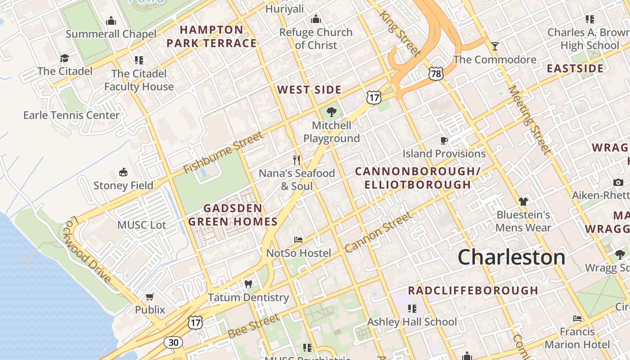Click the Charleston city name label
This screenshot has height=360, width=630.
tap(511, 257)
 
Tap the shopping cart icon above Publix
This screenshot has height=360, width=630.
tap(150, 297)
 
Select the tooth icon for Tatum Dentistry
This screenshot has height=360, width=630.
tap(247, 284)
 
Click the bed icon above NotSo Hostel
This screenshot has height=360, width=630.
tap(298, 240)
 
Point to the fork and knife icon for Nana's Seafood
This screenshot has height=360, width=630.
tap(297, 160)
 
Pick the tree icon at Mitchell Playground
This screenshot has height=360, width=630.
tap(332, 112)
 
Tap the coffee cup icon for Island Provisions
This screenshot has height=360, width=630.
tap(444, 140)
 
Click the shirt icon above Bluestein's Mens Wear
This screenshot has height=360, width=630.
tap(523, 201)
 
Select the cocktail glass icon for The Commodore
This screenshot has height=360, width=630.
tap(495, 46)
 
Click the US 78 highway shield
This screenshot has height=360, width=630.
tap(436, 74)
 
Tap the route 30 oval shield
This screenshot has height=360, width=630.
tap(173, 342)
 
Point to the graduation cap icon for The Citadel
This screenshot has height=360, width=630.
tap(65, 58)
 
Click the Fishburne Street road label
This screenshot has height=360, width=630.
tap(224, 153)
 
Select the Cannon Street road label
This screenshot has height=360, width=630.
tap(378, 232)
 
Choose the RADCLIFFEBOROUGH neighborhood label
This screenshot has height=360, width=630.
tap(473, 290)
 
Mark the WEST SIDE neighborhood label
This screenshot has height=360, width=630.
tap(309, 90)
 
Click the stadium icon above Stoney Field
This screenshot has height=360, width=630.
tap(123, 172)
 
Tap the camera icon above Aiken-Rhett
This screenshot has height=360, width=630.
tap(618, 182)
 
